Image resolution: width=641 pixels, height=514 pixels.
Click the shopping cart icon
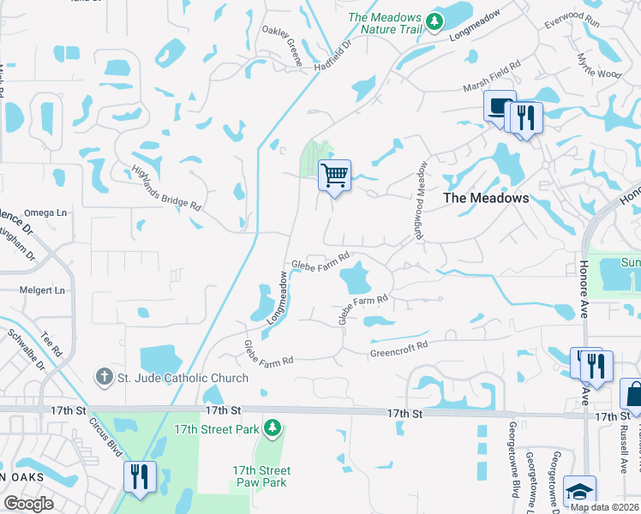pyautogui.click(x=335, y=176)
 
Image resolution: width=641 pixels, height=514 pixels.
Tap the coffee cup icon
pyautogui.click(x=499, y=106)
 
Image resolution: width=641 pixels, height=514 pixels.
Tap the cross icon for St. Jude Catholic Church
pyautogui.click(x=104, y=377)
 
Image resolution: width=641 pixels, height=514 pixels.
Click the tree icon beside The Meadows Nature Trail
pyautogui.click(x=436, y=21)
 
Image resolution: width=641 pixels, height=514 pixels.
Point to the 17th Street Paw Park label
pyautogui.click(x=261, y=477)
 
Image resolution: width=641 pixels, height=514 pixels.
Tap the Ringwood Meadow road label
pyautogui.click(x=422, y=193)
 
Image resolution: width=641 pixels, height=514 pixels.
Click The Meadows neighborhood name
pyautogui.click(x=485, y=198)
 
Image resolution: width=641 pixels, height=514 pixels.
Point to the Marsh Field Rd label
pyautogui.click(x=492, y=78)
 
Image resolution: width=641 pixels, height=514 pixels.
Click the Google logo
pyautogui.click(x=29, y=504)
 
